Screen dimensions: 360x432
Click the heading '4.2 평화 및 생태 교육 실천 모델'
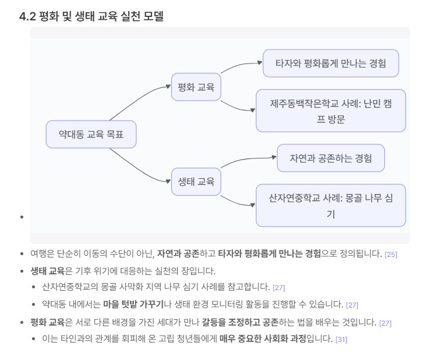[91, 17]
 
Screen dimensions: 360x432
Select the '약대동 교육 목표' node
[91, 135]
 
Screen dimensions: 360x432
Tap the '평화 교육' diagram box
[196, 87]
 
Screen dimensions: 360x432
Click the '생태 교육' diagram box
[196, 181]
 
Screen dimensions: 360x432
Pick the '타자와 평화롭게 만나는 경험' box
[330, 63]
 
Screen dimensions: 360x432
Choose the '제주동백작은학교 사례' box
[330, 111]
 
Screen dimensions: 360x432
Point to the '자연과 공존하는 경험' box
[330, 158]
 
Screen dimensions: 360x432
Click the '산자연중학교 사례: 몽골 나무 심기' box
[330, 206]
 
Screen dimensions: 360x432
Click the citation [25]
[391, 254]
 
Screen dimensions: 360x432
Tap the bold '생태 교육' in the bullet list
[47, 271]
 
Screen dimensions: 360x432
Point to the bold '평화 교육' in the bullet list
[47, 322]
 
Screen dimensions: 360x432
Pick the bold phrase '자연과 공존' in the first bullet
[178, 253]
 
